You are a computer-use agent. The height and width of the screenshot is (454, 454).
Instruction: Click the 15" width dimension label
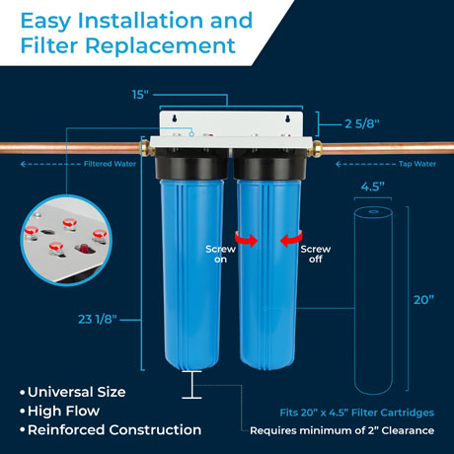tap(140, 95)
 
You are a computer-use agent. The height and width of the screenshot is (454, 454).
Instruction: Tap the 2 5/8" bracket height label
tap(362, 124)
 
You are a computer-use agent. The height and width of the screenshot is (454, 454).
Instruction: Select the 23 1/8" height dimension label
tap(98, 319)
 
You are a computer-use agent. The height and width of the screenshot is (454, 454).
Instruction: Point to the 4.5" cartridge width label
tap(373, 187)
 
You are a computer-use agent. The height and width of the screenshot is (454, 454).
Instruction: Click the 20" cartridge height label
tap(423, 300)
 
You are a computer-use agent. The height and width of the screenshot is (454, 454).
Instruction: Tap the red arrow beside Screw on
tap(246, 238)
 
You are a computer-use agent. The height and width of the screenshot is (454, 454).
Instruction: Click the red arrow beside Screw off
tap(291, 239)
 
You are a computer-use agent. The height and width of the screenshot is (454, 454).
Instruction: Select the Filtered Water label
tap(110, 164)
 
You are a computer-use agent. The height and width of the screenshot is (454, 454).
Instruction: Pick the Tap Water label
tap(417, 164)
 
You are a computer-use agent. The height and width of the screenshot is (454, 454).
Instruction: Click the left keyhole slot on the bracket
tap(175, 118)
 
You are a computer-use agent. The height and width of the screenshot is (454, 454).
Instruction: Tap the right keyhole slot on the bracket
tap(288, 118)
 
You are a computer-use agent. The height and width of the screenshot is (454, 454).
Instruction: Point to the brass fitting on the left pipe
tap(146, 148)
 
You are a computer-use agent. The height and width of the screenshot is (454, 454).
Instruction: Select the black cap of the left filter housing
tap(192, 164)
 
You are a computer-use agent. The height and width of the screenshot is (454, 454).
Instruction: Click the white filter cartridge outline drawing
tap(373, 301)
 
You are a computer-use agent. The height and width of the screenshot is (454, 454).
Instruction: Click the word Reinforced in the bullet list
tap(66, 430)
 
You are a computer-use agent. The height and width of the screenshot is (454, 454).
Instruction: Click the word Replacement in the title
tap(161, 45)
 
